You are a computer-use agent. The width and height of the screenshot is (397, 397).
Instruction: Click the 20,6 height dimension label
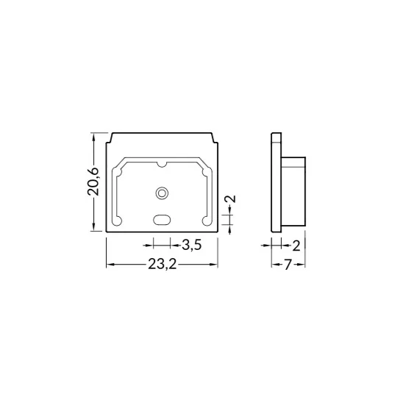coord(93,182)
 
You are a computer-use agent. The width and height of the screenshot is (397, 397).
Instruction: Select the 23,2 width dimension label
coord(162,265)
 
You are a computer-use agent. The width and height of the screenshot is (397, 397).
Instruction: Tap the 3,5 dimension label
coord(192,245)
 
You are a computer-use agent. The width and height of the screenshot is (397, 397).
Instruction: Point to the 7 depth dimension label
coord(288,265)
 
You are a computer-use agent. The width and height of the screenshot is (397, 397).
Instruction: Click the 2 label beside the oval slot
coord(231,198)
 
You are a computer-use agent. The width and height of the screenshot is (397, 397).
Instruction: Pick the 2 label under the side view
coord(296,246)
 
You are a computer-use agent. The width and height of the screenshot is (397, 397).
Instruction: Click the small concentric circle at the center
coord(162,193)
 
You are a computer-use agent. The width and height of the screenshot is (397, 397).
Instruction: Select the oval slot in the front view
coord(162,220)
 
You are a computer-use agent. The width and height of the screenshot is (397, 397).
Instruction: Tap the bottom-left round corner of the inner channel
coord(117,221)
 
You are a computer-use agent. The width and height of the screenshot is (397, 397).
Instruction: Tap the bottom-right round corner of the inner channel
coord(207,221)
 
